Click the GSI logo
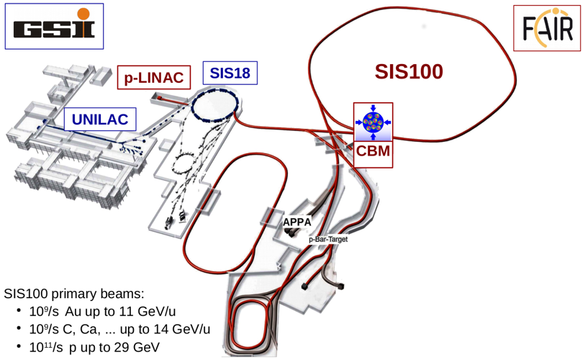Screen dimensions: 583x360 (x=54, y=26)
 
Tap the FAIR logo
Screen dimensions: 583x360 (x=546, y=28)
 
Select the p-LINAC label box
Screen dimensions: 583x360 (x=154, y=77)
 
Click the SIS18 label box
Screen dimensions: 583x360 (x=230, y=73)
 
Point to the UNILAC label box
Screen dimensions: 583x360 (x=100, y=120)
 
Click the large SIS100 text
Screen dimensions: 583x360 (x=409, y=71)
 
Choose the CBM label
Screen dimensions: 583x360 (x=373, y=151)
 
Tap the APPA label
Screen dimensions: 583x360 (x=297, y=222)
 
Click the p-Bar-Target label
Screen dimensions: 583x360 (x=328, y=239)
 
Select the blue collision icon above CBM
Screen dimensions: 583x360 (x=373, y=122)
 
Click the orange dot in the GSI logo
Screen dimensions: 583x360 (x=83, y=14)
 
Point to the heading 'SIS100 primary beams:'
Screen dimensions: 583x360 (x=73, y=294)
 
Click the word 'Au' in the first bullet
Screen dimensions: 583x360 (x=73, y=311)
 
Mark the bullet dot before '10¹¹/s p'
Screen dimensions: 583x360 (x=19, y=347)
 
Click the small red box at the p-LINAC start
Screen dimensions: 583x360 (x=159, y=98)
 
